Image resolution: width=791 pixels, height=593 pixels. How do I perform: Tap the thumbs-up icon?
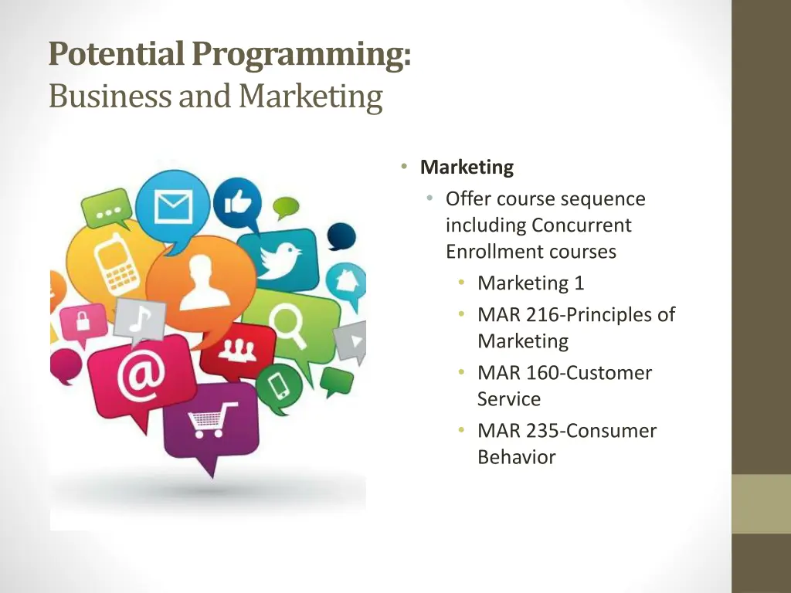[x=238, y=203]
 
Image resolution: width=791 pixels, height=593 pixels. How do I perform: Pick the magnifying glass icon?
[x=290, y=321]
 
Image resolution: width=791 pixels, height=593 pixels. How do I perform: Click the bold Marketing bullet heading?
[x=467, y=167]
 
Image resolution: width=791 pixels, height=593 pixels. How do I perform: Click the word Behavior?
[x=516, y=457]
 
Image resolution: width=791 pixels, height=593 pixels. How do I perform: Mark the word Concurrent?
[x=581, y=225]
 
